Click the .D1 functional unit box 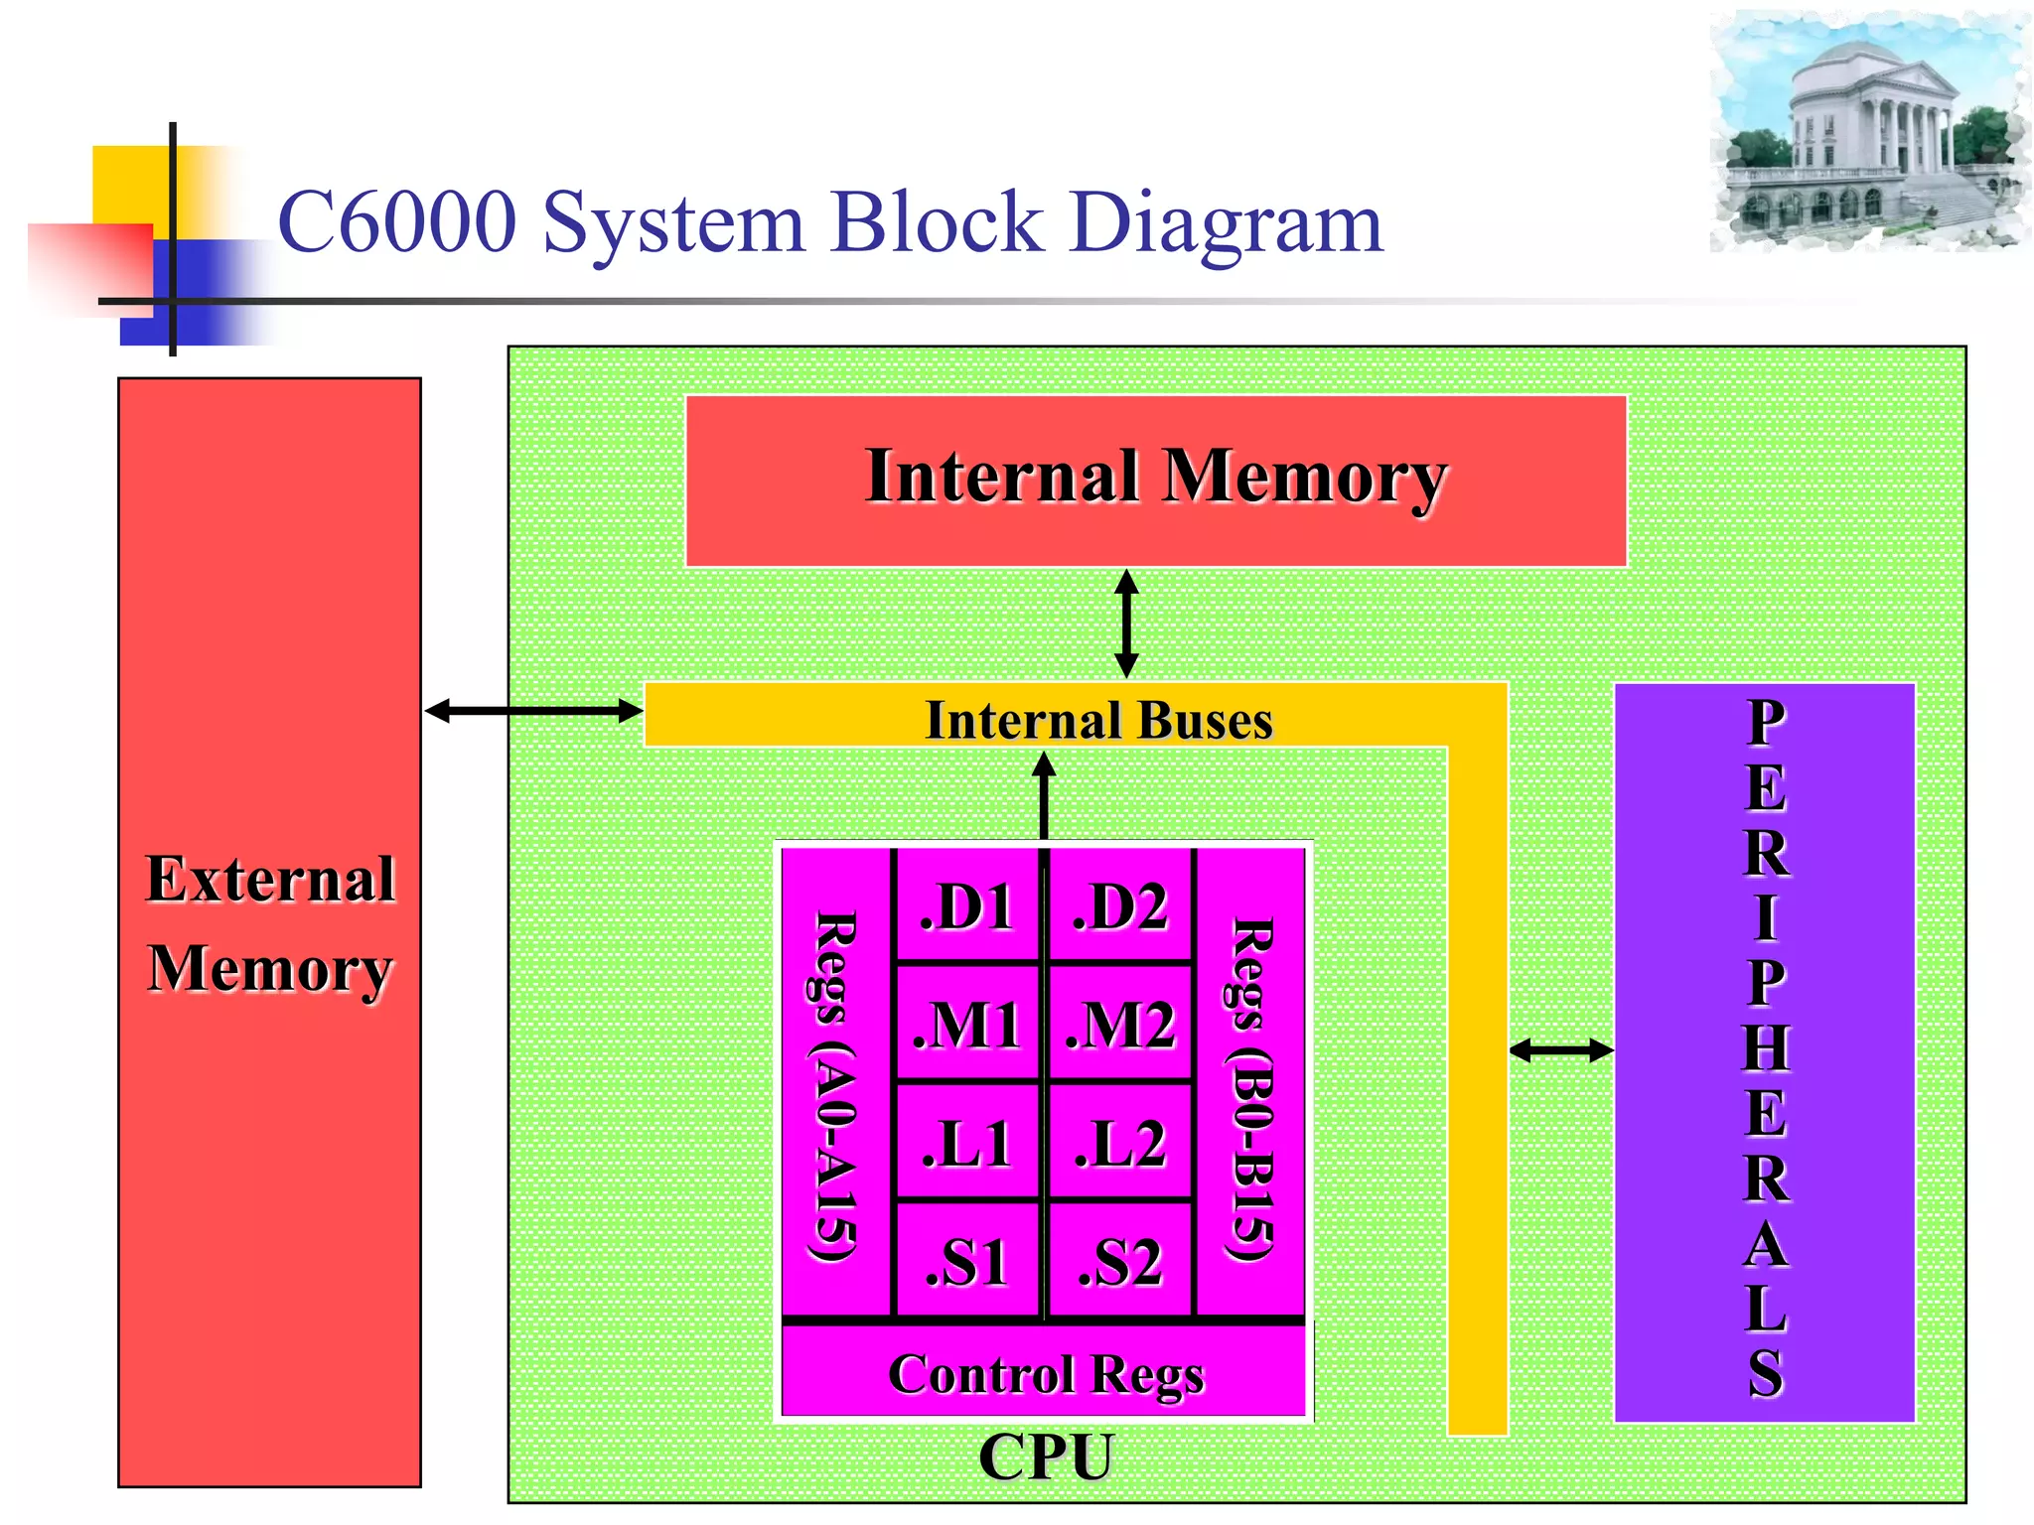[966, 906]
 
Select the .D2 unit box [1120, 906]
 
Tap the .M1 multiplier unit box [966, 1025]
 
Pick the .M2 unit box [1120, 1025]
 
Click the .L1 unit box [966, 1144]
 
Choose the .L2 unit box [1120, 1144]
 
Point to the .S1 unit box [966, 1262]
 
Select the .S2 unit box [1120, 1262]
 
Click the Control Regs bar [1045, 1374]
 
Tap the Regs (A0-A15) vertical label [834, 1086]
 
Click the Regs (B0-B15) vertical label [1250, 1088]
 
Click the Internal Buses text [1098, 720]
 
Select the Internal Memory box [1155, 481]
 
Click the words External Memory [270, 923]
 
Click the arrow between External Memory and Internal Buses [533, 711]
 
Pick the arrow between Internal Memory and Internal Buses [1126, 624]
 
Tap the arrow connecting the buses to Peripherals [1561, 1049]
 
